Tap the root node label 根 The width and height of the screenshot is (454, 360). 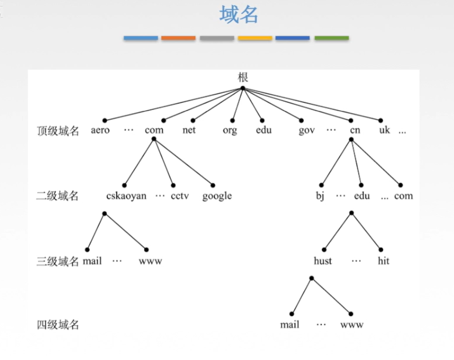[x=243, y=77]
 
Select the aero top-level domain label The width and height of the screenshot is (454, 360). [x=100, y=130]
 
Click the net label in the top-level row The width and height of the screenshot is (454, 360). [x=189, y=130]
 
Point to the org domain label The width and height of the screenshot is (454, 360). [x=230, y=131]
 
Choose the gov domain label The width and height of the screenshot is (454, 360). [x=307, y=131]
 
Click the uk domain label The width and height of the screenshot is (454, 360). [x=385, y=130]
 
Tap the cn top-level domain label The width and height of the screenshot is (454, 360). [x=355, y=131]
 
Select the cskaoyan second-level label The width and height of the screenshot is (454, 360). [x=127, y=196]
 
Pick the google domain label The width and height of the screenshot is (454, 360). [x=217, y=196]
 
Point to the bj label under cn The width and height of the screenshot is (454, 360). [x=320, y=196]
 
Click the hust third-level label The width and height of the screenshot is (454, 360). [x=323, y=261]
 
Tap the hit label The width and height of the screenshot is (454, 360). [x=383, y=261]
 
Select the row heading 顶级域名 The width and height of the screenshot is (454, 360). [x=58, y=131]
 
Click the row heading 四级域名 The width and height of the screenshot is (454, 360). [x=58, y=325]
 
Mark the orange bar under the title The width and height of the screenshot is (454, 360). [x=178, y=38]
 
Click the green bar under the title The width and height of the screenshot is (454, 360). [x=332, y=38]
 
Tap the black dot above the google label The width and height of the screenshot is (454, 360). [x=213, y=185]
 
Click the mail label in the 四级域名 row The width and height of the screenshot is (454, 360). [x=290, y=325]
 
